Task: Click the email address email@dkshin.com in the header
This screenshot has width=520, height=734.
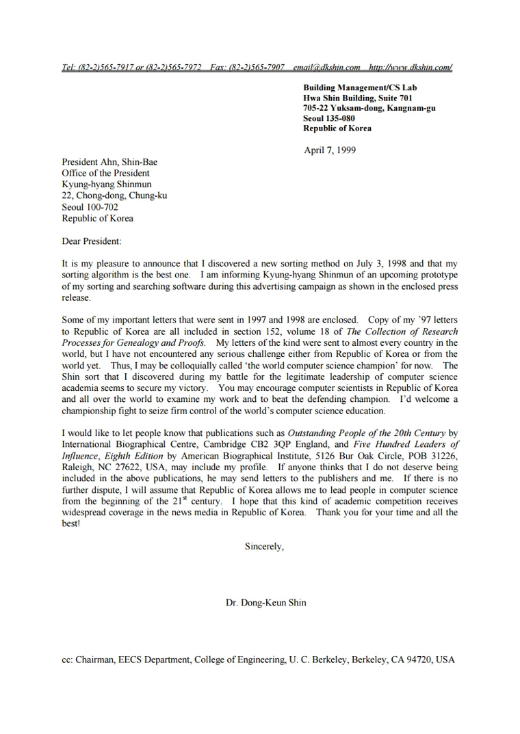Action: pyautogui.click(x=326, y=68)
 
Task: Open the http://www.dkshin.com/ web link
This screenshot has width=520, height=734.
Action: pyautogui.click(x=410, y=68)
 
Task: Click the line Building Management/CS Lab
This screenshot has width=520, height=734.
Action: pyautogui.click(x=360, y=87)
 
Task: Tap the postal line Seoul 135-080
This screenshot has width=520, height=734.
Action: pyautogui.click(x=329, y=118)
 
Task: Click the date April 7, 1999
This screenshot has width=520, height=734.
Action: pyautogui.click(x=329, y=150)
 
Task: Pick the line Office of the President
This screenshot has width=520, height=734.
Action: pyautogui.click(x=105, y=174)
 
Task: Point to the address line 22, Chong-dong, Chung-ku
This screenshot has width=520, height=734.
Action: pyautogui.click(x=114, y=196)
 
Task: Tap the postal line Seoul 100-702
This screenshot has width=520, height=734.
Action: pyautogui.click(x=90, y=207)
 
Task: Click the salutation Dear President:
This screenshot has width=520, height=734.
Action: pyautogui.click(x=91, y=241)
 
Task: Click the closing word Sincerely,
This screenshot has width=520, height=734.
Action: pyautogui.click(x=264, y=547)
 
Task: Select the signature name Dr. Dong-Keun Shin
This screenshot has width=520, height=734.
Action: pyautogui.click(x=266, y=603)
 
